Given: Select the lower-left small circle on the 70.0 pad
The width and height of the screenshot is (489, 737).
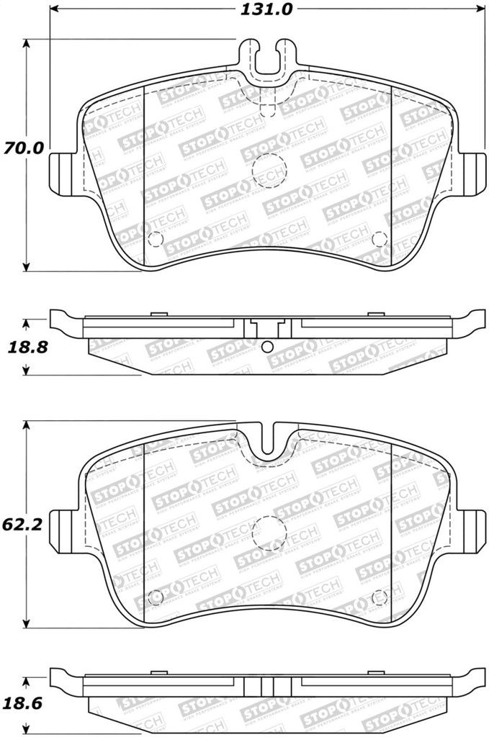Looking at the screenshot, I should (x=153, y=241).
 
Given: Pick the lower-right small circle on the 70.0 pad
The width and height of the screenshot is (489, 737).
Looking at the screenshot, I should (x=380, y=240).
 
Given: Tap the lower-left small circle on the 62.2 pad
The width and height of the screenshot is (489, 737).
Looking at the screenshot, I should (x=153, y=596).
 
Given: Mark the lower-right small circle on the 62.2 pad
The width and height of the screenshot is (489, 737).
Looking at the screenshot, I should (x=380, y=596).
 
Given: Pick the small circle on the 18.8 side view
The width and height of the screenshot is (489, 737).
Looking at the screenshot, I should (x=267, y=347).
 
